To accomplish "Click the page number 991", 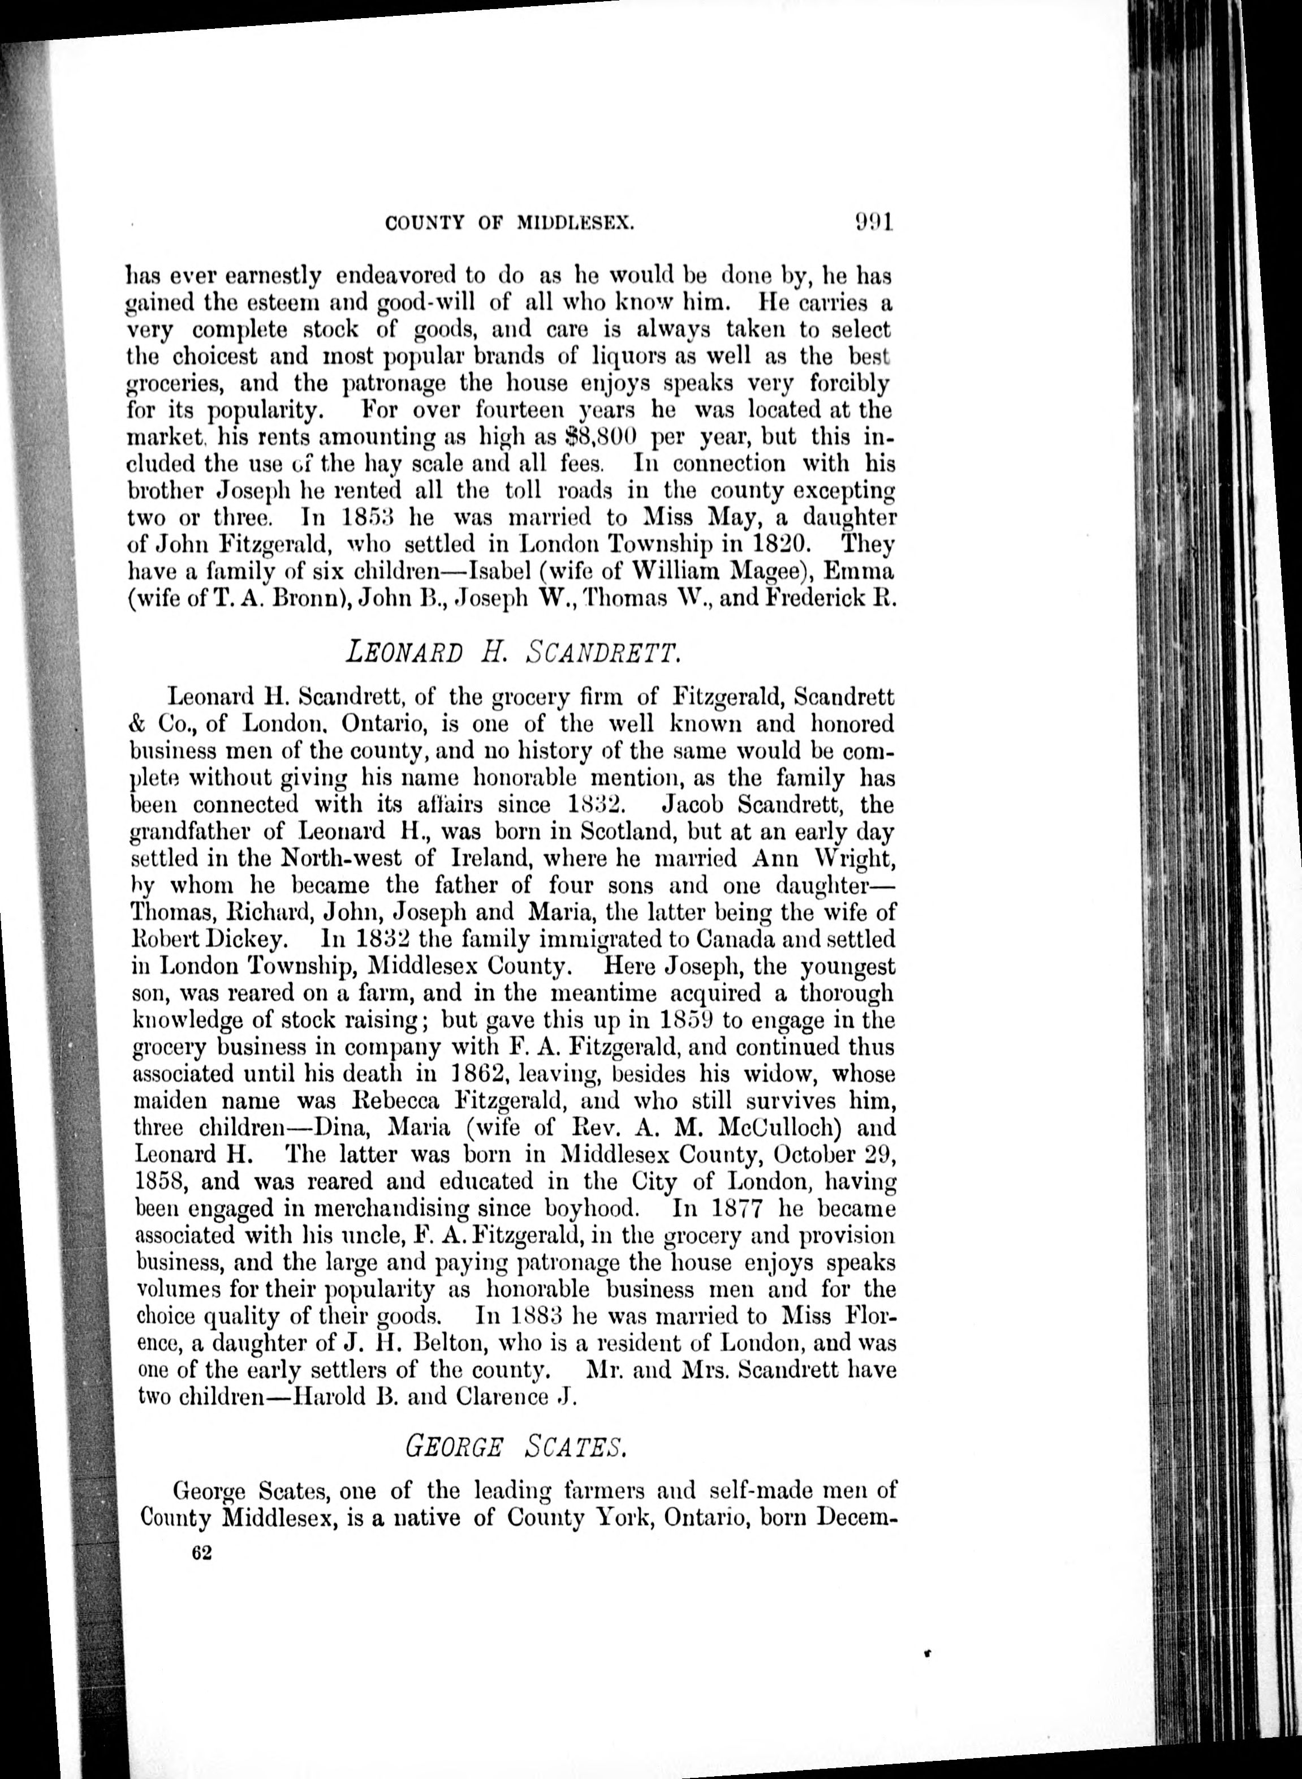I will pyautogui.click(x=872, y=222).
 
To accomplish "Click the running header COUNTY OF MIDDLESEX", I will pyautogui.click(x=510, y=224).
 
